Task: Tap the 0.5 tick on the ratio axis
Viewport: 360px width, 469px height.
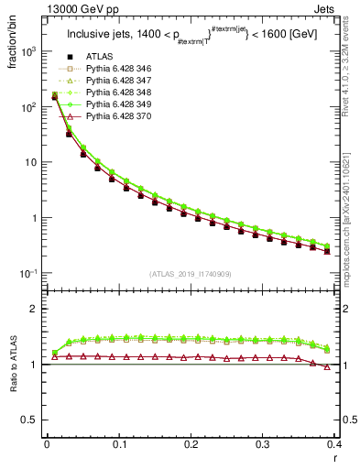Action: [34, 420]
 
